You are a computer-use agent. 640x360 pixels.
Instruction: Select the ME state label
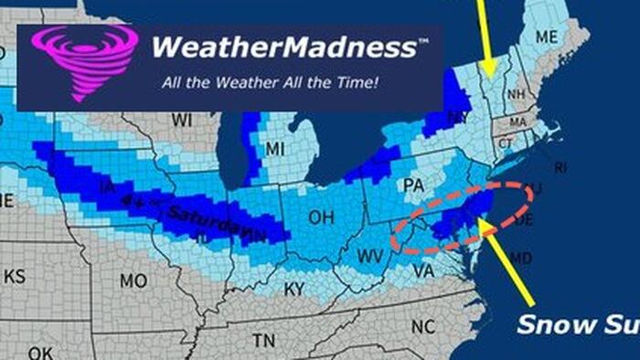pyautogui.click(x=546, y=37)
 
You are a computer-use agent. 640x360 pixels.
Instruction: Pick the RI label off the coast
pyautogui.click(x=560, y=167)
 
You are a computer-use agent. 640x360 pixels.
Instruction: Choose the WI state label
pyautogui.click(x=182, y=121)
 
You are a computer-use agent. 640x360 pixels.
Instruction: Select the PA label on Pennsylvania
pyautogui.click(x=413, y=185)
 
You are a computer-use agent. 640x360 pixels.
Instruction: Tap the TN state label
pyautogui.click(x=263, y=341)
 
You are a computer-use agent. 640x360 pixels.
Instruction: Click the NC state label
pyautogui.click(x=422, y=326)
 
